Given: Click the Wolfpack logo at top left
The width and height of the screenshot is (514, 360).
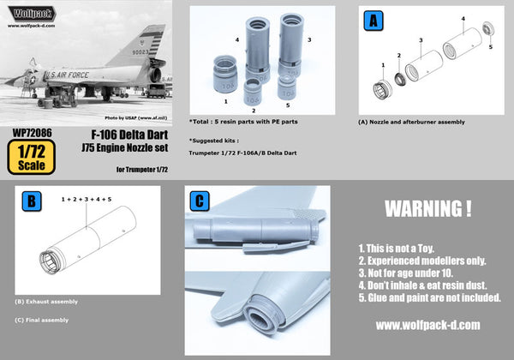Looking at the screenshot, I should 33,15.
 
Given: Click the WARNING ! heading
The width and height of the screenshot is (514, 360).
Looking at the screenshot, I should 427,208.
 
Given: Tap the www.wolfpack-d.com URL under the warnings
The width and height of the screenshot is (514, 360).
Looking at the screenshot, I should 427,326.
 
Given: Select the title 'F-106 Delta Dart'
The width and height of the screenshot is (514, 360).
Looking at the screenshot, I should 123,135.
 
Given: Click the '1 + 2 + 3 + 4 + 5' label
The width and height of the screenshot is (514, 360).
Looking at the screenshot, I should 87,199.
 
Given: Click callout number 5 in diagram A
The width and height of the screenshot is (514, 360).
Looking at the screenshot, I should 490,48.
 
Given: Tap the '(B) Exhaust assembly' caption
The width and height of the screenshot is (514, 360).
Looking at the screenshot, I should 46,302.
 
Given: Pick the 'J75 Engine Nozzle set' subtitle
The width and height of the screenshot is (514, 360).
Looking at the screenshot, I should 125,147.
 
